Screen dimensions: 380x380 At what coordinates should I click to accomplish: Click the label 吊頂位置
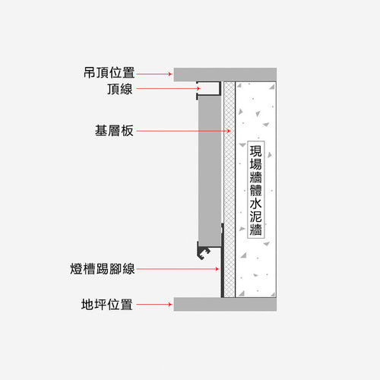coord(109,73)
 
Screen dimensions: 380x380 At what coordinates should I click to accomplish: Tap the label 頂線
coord(120,89)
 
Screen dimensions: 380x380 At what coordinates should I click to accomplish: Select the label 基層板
coord(114,131)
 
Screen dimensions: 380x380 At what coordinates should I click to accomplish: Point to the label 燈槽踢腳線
coord(103,269)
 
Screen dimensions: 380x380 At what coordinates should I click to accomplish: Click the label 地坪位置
coord(107,304)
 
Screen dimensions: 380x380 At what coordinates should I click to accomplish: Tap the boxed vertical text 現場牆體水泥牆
coord(256,190)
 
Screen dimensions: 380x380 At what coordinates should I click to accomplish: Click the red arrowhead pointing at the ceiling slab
coord(170,74)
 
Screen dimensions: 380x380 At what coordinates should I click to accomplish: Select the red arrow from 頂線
coord(169,88)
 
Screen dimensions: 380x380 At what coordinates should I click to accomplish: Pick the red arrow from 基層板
coord(184,131)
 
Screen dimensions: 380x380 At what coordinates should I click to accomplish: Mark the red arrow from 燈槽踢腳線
coord(178,269)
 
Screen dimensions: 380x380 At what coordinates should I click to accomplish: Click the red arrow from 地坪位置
coord(154,304)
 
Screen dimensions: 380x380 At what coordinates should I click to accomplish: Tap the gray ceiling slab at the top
coord(225,74)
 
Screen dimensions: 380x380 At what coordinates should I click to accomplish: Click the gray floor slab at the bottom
coord(225,304)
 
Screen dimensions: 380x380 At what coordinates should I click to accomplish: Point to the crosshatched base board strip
coord(230,189)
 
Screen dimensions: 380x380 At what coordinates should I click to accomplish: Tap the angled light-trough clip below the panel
coord(203,252)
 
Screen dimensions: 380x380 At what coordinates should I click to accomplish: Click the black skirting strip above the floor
coord(223,261)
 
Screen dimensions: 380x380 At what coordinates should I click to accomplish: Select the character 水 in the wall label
coord(256,203)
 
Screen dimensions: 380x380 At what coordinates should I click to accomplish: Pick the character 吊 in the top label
coord(90,73)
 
